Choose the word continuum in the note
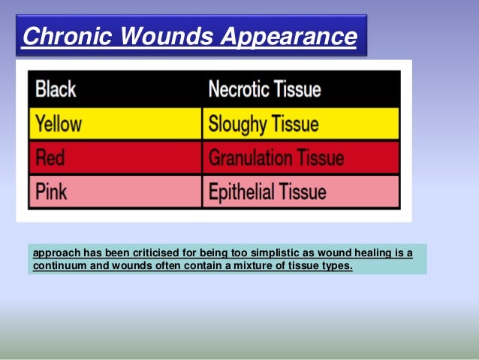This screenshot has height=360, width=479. [59, 265]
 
